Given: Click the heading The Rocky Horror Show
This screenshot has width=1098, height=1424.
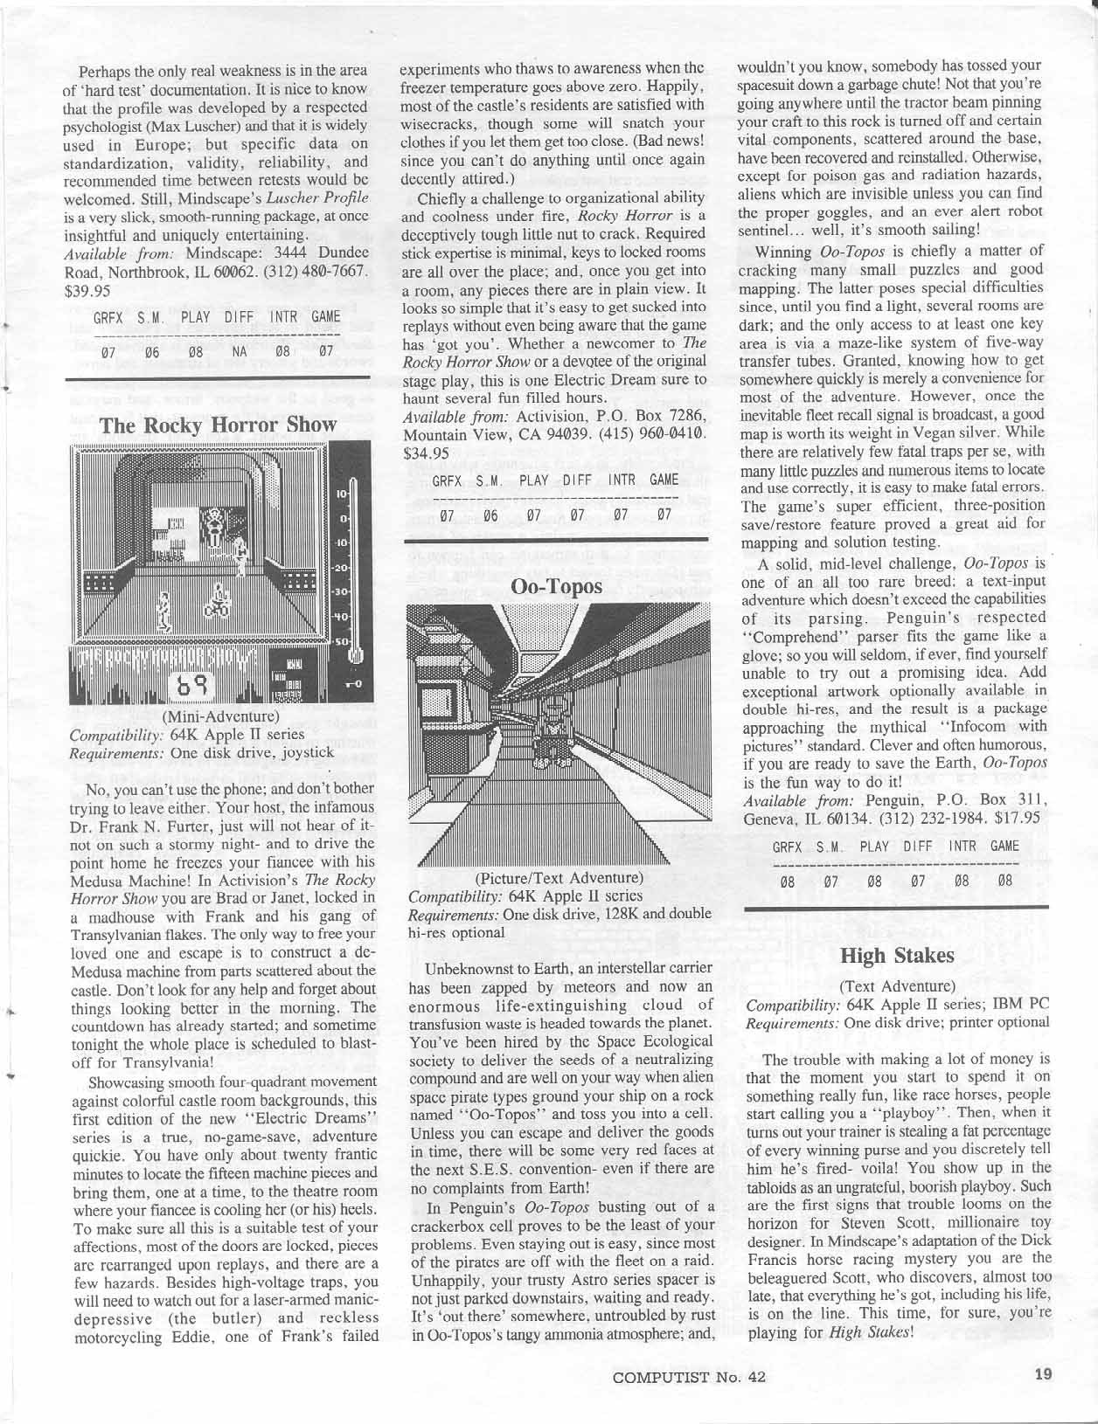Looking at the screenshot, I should coord(218,425).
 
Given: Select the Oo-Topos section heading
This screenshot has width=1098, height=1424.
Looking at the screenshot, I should coord(557,585).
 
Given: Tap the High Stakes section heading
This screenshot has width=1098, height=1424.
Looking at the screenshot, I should coord(896,955).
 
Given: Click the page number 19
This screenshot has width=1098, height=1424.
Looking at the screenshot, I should coord(1043,1374).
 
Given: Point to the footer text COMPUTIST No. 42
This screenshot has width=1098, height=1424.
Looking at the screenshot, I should coord(690,1376).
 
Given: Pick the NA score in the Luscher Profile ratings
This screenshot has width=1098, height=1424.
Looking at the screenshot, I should coord(239,353).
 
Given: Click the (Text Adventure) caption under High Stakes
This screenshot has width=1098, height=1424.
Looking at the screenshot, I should coord(896,985).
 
